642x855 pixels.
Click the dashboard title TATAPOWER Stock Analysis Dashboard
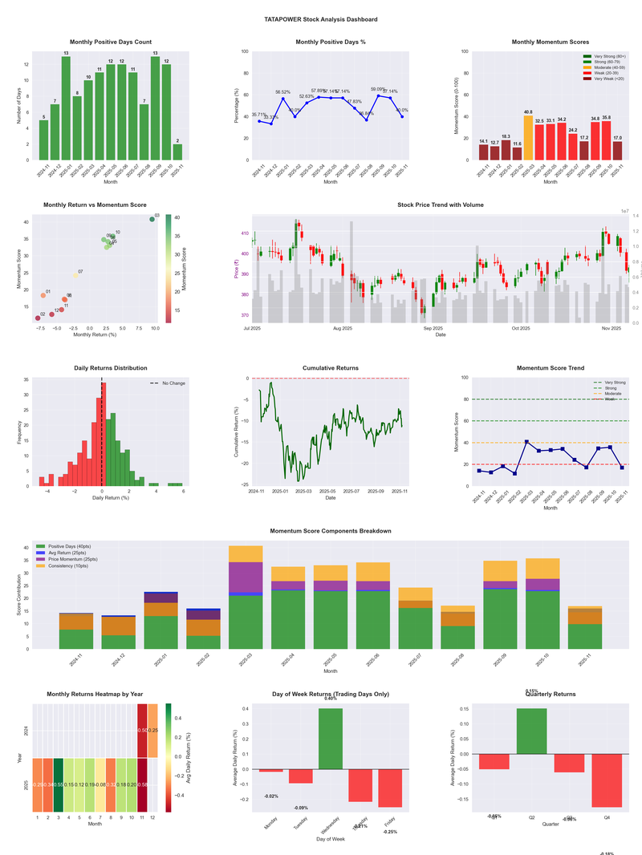pyautogui.click(x=321, y=18)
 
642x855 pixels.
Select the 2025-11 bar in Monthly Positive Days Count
pyautogui.click(x=177, y=152)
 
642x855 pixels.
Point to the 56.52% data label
pyautogui.click(x=283, y=92)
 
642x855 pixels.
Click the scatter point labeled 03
pyautogui.click(x=152, y=219)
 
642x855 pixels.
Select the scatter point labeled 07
pyautogui.click(x=75, y=276)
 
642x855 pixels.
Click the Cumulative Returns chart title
pyautogui.click(x=331, y=368)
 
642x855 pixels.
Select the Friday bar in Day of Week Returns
pyautogui.click(x=391, y=788)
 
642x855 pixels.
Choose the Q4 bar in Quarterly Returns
pyautogui.click(x=607, y=780)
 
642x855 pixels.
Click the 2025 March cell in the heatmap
pyautogui.click(x=58, y=784)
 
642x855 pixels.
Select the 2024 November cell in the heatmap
pyautogui.click(x=142, y=731)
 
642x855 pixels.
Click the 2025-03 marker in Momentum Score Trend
pyautogui.click(x=526, y=442)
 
